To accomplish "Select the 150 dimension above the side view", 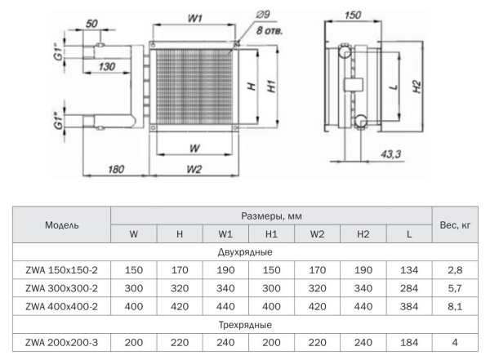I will coord(354,15).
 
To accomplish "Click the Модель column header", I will coord(62,225).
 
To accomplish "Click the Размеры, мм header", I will coord(272,216).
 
